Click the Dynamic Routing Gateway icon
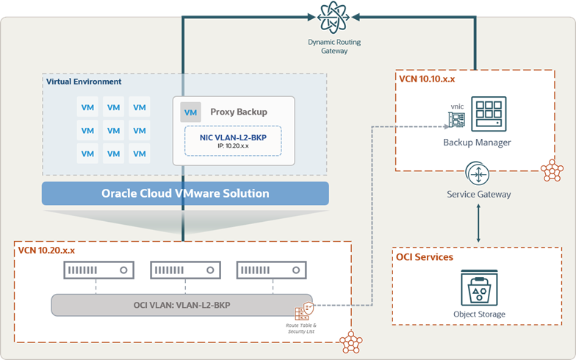click(x=333, y=18)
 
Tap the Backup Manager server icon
click(x=489, y=114)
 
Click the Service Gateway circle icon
click(x=478, y=173)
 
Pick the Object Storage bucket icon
click(x=479, y=288)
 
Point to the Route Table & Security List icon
click(x=304, y=311)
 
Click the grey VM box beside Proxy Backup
click(x=190, y=112)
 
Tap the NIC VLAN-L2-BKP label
click(x=234, y=137)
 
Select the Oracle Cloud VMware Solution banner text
click(x=185, y=193)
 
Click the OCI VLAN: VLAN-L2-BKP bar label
click(x=182, y=305)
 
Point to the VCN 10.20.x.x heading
click(x=46, y=251)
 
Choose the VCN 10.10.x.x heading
click(x=427, y=79)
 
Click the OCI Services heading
click(x=425, y=257)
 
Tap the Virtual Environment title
click(x=84, y=82)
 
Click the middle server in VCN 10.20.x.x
click(x=185, y=270)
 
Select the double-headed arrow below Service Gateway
click(x=478, y=223)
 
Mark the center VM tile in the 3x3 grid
click(x=113, y=131)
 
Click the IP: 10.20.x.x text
click(x=233, y=145)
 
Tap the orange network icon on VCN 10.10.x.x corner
click(x=552, y=170)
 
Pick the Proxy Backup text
click(x=239, y=112)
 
